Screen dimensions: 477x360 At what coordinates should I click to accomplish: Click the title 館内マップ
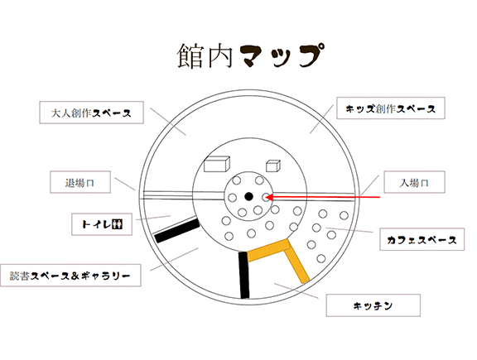tap(250, 55)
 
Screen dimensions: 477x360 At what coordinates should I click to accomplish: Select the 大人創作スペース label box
tap(91, 113)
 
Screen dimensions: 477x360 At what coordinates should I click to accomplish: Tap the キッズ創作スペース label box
tap(391, 108)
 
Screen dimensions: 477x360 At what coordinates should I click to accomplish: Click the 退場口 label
tap(80, 182)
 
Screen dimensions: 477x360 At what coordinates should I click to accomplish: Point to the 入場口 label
tap(414, 182)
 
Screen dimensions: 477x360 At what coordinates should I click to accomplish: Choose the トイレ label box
tap(102, 224)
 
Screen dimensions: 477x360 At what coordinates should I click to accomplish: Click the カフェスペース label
tap(422, 239)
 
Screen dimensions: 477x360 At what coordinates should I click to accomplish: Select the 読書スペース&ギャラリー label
tap(70, 276)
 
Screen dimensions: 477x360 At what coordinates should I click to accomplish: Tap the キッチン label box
tap(373, 305)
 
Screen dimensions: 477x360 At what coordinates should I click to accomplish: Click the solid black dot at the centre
tap(248, 197)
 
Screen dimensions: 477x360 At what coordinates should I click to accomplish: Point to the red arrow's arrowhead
tap(269, 197)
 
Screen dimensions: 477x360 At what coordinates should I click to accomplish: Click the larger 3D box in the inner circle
tap(217, 164)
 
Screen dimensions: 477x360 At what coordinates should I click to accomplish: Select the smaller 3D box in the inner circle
tap(273, 166)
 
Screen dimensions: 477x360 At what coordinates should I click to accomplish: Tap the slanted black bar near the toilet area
tap(177, 230)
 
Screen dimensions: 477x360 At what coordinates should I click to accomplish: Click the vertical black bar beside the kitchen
tap(244, 275)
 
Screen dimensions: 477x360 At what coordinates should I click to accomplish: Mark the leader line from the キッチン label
tap(296, 290)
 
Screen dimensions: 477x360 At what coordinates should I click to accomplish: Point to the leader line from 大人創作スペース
tap(168, 122)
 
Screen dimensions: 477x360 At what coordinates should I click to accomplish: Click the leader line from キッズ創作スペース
tap(321, 119)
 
